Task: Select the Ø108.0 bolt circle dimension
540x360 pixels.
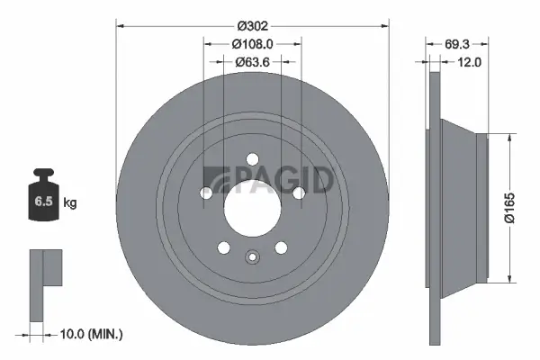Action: click(252, 43)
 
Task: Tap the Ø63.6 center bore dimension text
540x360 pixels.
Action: click(252, 62)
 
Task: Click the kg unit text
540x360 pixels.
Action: click(70, 203)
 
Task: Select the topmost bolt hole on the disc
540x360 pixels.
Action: click(252, 164)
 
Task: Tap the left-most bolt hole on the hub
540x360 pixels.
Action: click(205, 193)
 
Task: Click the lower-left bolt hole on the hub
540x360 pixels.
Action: click(223, 248)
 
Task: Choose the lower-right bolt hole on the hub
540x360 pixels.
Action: click(281, 248)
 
